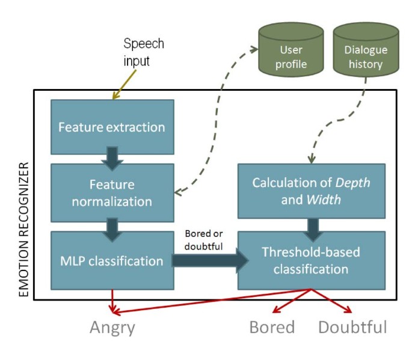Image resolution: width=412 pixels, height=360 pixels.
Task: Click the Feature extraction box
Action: click(112, 127)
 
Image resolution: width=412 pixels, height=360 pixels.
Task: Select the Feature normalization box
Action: click(112, 192)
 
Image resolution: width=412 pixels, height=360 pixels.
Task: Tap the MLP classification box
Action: click(112, 261)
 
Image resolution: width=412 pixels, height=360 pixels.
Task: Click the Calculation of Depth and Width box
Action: click(311, 191)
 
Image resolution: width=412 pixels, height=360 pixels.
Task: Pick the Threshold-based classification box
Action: click(311, 261)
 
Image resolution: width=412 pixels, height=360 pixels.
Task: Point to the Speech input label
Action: click(143, 52)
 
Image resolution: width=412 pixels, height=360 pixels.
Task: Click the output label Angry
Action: click(112, 327)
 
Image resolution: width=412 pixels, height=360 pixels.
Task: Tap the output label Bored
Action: click(272, 327)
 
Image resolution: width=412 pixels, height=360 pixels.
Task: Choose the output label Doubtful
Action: click(352, 327)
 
